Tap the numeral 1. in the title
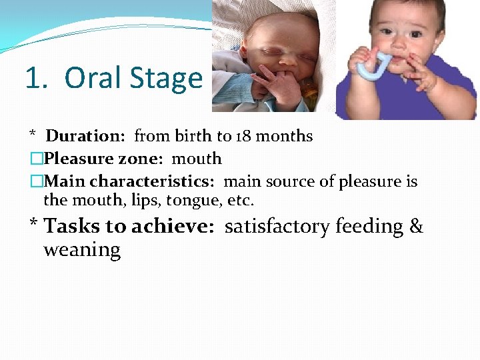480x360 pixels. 37,78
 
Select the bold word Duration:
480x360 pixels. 85,136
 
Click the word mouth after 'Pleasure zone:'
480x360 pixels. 197,159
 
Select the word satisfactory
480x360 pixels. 277,227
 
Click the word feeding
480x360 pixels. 369,227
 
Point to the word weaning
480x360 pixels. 82,250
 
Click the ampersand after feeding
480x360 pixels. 416,227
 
